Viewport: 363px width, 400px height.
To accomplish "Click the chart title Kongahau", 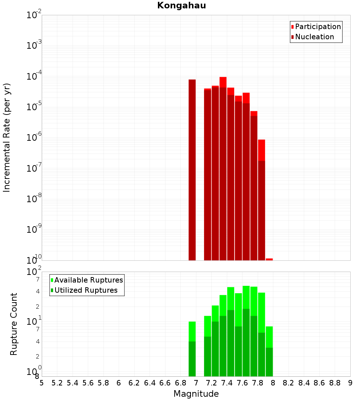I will pyautogui.click(x=181, y=6).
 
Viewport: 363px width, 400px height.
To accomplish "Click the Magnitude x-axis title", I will pyautogui.click(x=196, y=394).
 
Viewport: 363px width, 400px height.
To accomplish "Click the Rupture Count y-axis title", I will pyautogui.click(x=14, y=324).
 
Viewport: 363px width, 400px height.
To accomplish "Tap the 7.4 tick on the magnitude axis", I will pyautogui.click(x=227, y=383).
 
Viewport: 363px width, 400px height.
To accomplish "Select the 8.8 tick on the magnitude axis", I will pyautogui.click(x=335, y=383).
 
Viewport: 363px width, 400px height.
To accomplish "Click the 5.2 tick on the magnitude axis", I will pyautogui.click(x=57, y=383).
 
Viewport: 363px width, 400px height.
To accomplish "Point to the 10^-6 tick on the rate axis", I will pyautogui.click(x=34, y=137).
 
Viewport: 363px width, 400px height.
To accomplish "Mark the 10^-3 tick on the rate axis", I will pyautogui.click(x=34, y=45).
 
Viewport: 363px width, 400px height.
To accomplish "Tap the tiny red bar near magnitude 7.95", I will pyautogui.click(x=269, y=259).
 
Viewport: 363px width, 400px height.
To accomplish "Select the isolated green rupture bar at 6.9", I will pyautogui.click(x=192, y=349).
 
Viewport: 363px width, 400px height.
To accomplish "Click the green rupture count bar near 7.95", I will pyautogui.click(x=269, y=351).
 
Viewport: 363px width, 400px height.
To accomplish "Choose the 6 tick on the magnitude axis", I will pyautogui.click(x=119, y=383).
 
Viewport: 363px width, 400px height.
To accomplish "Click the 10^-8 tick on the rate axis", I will pyautogui.click(x=34, y=199).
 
